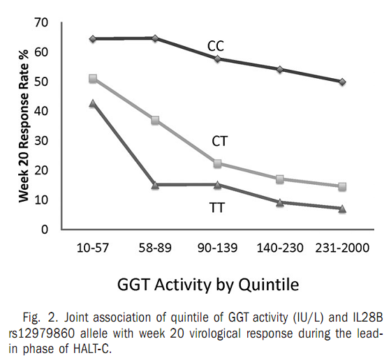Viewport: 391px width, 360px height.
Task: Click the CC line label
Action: tap(216, 46)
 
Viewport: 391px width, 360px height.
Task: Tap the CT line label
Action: tap(221, 142)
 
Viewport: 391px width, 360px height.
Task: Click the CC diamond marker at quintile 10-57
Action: tap(93, 38)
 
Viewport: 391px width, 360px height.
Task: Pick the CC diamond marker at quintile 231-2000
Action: tap(342, 82)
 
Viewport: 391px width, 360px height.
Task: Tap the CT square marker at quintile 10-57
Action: tap(93, 79)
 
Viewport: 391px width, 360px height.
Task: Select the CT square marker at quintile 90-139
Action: tap(217, 164)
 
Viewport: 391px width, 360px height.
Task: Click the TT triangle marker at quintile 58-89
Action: tap(155, 185)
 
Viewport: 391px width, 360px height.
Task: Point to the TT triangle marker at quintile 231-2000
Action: tap(342, 209)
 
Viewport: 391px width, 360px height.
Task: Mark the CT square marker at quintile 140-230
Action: tap(280, 179)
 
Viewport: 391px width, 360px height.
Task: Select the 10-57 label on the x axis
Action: tap(93, 247)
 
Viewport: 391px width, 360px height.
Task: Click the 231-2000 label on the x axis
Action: tap(343, 247)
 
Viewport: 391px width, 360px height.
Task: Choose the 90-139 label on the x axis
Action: tap(217, 247)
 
